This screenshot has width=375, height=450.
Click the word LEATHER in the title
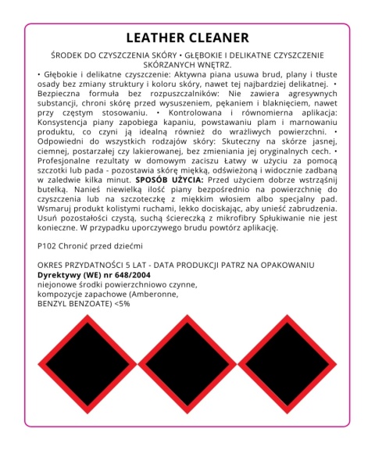156,37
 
